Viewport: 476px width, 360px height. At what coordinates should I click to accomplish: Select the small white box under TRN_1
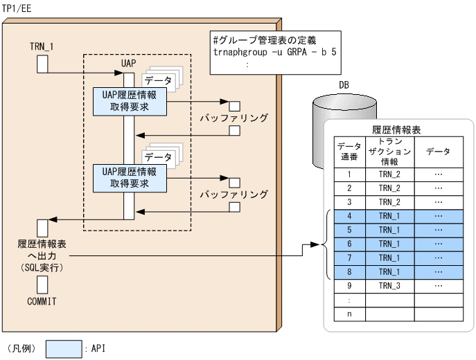click(x=42, y=64)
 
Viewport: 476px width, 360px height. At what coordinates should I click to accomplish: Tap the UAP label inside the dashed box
click(x=128, y=63)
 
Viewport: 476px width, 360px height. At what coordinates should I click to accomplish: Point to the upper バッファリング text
click(x=233, y=118)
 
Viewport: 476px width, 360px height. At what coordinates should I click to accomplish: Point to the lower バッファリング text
click(x=233, y=195)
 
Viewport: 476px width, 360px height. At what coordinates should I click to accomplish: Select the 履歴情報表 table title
click(x=397, y=129)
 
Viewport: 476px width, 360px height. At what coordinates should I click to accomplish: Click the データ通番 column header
click(x=349, y=152)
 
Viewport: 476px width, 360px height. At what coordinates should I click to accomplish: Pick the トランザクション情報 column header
click(x=389, y=152)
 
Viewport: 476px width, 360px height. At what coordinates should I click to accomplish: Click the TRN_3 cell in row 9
click(x=389, y=285)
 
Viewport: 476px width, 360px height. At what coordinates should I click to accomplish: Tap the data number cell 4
click(x=349, y=216)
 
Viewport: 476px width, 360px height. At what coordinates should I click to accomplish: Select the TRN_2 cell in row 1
click(x=389, y=174)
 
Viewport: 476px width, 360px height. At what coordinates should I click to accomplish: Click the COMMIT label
click(x=42, y=302)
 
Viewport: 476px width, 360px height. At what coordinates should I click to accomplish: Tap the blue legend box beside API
click(x=64, y=349)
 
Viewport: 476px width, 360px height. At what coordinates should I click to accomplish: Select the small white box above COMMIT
click(x=42, y=284)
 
